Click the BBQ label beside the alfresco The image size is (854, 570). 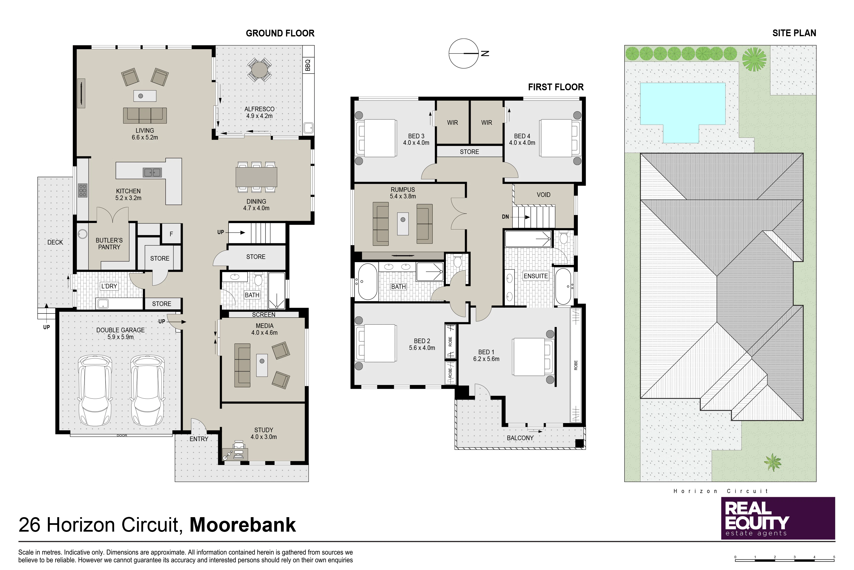[308, 65]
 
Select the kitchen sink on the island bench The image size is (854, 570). [153, 172]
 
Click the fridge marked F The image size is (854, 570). [171, 234]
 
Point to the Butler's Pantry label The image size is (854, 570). [109, 243]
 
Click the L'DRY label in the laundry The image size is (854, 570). [109, 286]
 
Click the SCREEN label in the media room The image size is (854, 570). [264, 314]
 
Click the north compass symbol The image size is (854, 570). [464, 53]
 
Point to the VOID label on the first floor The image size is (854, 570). [544, 195]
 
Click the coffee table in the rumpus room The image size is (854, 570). [403, 223]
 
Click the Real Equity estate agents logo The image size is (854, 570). [778, 518]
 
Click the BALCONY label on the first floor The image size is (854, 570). [520, 438]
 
